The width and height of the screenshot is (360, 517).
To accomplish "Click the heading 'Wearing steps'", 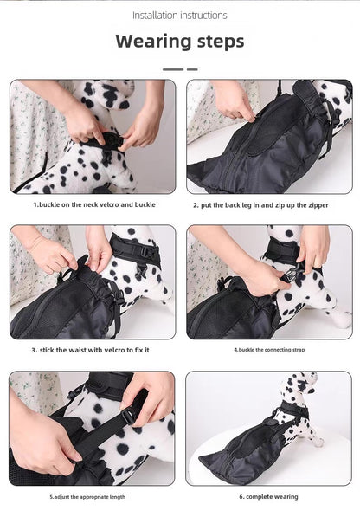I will (180, 41).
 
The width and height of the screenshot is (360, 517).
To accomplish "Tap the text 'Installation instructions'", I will (180, 15).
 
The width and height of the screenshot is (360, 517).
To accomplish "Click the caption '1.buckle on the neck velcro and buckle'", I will (93, 205).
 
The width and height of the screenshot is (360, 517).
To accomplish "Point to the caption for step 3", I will (91, 350).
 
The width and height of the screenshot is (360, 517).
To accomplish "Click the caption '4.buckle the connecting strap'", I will (269, 350).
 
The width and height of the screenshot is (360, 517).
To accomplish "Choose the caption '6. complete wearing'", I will (269, 497).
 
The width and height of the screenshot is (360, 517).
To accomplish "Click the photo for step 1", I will (93, 137).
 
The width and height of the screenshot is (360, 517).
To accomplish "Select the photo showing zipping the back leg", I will (269, 137).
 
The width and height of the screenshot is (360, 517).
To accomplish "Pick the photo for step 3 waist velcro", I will (93, 282).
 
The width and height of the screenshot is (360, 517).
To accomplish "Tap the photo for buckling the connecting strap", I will (269, 282).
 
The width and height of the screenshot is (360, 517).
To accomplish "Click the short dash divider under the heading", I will (180, 69).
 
